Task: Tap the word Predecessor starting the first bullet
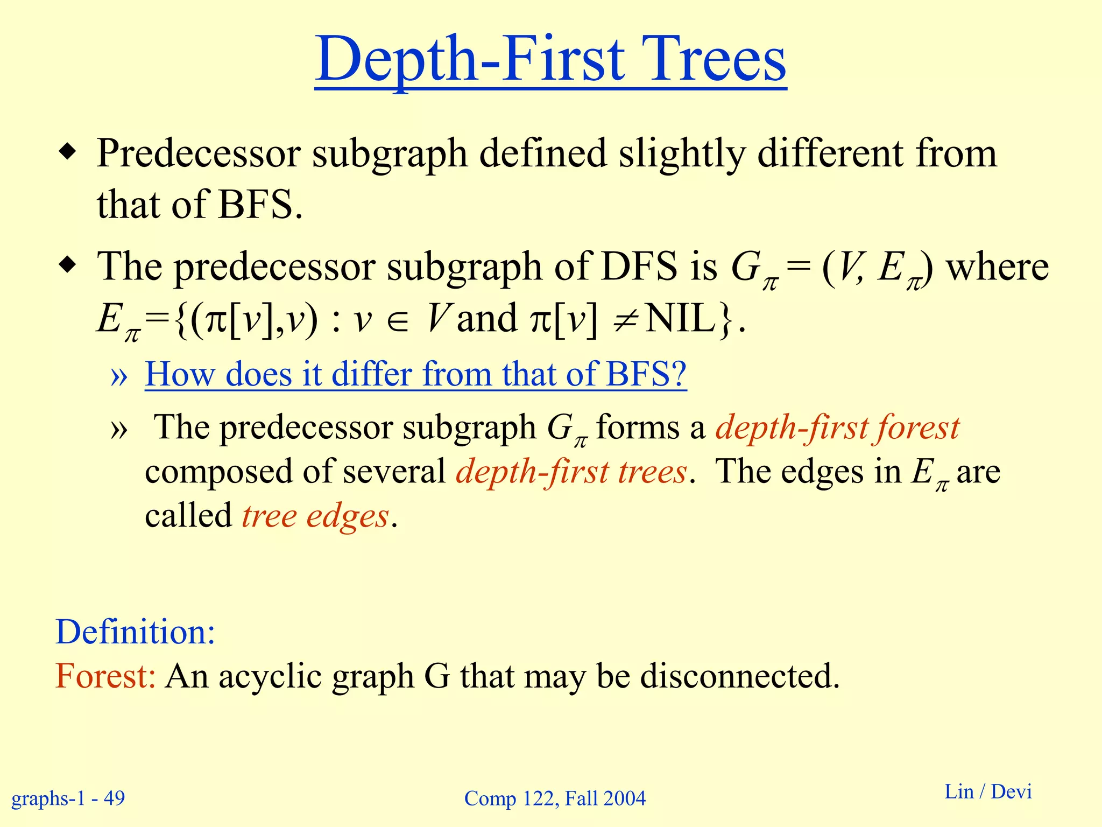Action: tap(199, 155)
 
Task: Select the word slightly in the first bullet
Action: tap(682, 155)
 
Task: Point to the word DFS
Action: tap(639, 267)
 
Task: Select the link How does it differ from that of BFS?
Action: tap(415, 374)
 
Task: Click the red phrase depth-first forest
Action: tap(837, 429)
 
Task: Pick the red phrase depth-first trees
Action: tap(571, 472)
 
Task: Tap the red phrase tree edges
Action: tap(315, 516)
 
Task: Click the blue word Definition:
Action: tap(135, 632)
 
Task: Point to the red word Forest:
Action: tap(105, 676)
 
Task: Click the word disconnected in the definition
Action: tap(739, 676)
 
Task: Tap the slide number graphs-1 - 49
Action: tap(68, 798)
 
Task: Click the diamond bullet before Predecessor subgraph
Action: tap(67, 153)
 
